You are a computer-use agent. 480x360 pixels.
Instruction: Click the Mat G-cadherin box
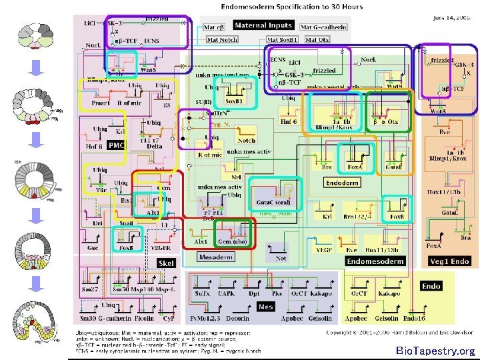323,27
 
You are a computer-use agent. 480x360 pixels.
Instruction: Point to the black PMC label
117,145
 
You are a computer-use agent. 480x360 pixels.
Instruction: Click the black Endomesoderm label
375,261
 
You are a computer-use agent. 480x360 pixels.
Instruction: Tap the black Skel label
166,263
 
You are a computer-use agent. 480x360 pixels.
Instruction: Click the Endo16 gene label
415,319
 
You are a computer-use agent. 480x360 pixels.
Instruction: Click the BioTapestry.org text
435,351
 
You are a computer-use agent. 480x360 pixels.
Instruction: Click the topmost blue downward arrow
38,67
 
